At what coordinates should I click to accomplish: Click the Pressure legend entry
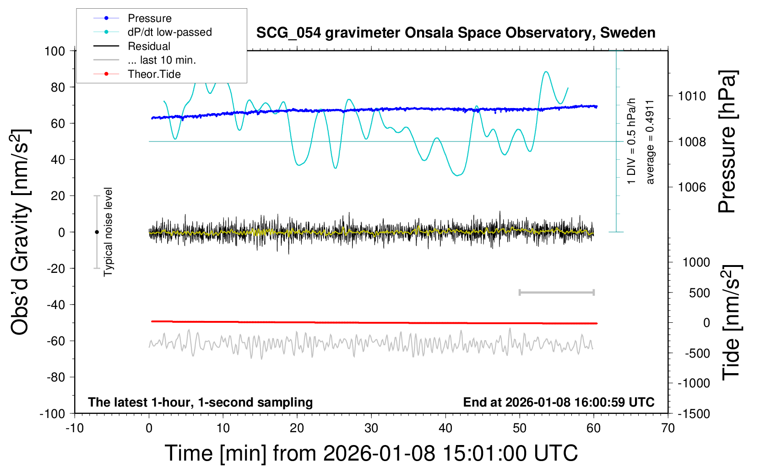point(149,18)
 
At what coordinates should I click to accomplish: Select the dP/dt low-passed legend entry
point(169,32)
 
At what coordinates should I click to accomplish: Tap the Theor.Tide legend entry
point(154,74)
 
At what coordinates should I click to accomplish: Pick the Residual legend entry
point(149,46)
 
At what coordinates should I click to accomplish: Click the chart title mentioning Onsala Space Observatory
point(456,33)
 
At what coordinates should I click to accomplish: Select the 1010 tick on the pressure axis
point(692,96)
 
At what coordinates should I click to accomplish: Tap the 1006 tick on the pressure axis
point(692,187)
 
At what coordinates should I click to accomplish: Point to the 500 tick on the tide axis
point(699,293)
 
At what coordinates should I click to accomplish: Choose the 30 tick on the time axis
point(371,429)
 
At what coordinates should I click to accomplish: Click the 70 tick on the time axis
point(668,429)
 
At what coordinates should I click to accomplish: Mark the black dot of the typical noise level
point(97,232)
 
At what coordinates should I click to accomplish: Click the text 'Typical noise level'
point(108,232)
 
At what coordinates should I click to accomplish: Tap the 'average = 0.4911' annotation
point(650,142)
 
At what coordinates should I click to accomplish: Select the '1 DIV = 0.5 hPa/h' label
point(632,141)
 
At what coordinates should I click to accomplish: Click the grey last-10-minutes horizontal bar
point(556,292)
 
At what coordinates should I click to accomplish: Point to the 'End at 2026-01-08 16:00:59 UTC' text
point(559,402)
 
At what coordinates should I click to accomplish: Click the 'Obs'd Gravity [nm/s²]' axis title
point(21,232)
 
